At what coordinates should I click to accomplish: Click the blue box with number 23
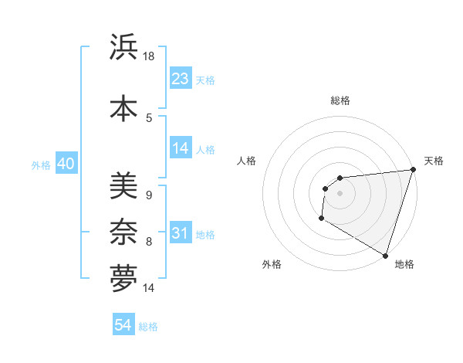[x=181, y=79]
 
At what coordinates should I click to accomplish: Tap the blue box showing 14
[x=181, y=149]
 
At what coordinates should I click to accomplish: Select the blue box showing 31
[x=181, y=233]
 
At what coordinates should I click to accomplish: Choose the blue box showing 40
[x=66, y=164]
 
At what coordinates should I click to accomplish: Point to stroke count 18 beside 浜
[x=149, y=56]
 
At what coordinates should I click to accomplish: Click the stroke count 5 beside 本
[x=149, y=117]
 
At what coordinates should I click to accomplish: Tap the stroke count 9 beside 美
[x=149, y=195]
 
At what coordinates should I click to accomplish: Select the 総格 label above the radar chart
[x=340, y=100]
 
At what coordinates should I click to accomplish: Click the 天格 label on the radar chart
[x=434, y=161]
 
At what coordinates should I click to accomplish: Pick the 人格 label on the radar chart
[x=247, y=161]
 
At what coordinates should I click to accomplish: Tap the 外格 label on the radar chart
[x=272, y=264]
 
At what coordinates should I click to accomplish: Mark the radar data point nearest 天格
[x=412, y=170]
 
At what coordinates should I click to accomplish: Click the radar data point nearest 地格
[x=385, y=255]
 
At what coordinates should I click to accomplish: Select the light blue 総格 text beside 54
[x=148, y=327]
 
